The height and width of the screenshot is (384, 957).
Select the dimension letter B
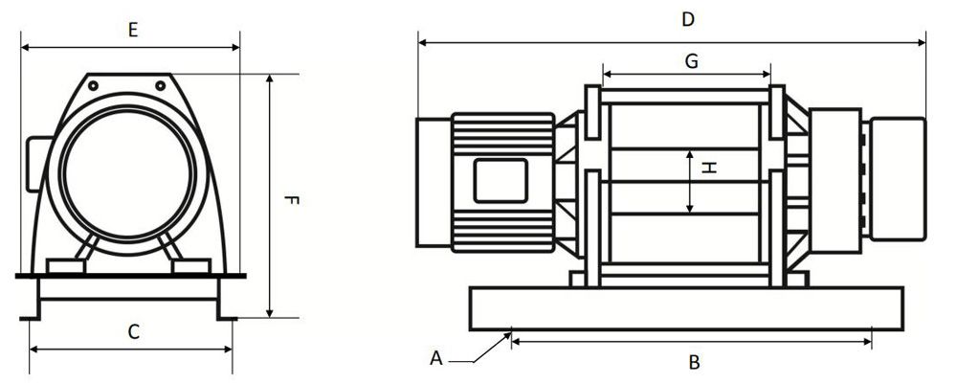[695, 362]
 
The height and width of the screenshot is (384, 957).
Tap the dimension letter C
[134, 332]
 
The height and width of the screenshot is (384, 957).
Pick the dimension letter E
[133, 30]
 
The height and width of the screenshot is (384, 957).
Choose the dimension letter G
[691, 60]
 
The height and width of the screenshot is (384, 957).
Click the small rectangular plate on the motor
[501, 181]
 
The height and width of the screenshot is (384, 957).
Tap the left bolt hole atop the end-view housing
[94, 85]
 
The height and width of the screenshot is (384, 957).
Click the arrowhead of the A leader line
[508, 334]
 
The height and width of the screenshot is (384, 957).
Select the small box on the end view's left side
[38, 163]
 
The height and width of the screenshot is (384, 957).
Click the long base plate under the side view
[685, 308]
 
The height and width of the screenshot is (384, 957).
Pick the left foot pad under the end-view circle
[65, 265]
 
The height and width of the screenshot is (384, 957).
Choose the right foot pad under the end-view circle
[191, 265]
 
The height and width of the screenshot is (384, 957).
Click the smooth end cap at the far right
[897, 178]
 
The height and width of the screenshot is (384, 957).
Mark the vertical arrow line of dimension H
[692, 181]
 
